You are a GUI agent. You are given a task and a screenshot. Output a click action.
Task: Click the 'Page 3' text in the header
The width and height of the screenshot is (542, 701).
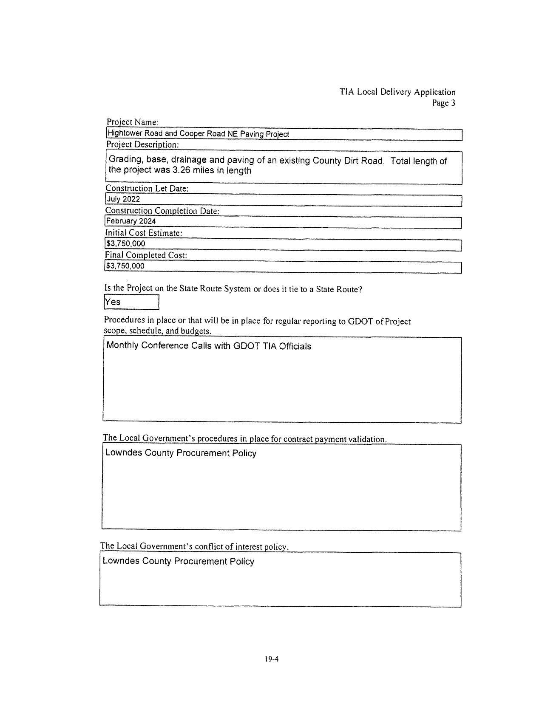click(443, 103)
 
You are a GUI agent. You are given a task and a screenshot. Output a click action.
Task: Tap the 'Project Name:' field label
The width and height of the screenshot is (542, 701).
click(133, 122)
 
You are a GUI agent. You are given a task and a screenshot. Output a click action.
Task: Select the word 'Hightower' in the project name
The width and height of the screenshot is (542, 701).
click(124, 134)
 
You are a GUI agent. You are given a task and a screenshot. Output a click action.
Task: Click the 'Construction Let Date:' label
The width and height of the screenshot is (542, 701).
click(147, 188)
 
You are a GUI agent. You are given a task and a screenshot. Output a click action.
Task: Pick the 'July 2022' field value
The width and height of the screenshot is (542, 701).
click(123, 199)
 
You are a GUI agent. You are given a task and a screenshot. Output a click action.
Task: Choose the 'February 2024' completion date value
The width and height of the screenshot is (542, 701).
click(131, 221)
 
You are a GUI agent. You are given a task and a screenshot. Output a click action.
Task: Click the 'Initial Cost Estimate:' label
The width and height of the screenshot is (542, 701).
click(144, 233)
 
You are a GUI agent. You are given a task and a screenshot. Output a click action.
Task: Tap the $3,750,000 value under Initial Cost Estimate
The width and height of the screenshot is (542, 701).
click(125, 243)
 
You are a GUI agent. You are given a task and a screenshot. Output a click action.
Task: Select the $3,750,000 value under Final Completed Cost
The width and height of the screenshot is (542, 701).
click(125, 266)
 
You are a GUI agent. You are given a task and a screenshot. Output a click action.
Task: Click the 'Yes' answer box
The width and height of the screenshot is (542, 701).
click(131, 302)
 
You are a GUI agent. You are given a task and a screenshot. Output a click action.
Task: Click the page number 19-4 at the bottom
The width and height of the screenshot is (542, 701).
click(271, 659)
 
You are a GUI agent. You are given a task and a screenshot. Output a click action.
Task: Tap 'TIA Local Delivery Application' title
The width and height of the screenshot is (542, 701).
click(397, 92)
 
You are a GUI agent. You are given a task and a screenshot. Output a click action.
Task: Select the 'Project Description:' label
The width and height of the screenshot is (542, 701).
click(142, 144)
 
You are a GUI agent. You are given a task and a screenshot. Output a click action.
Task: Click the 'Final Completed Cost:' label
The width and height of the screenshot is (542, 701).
click(146, 255)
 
